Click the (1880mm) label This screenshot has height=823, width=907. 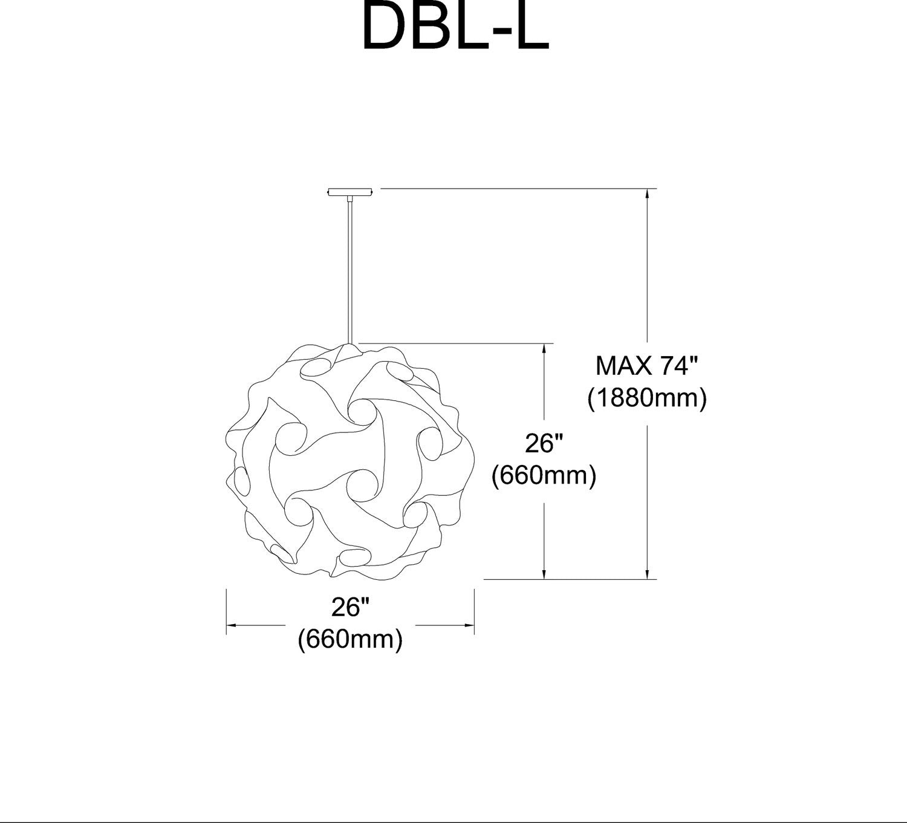coord(647,399)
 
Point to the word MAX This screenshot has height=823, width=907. coord(623,366)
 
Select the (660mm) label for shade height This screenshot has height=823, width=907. coord(544,476)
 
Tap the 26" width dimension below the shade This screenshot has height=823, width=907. coord(351,607)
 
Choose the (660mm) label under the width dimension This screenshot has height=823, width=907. coord(351,639)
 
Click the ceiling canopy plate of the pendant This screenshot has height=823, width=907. coord(351,192)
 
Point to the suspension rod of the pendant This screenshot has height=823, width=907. coord(349,272)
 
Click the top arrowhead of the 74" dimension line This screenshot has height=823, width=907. coord(648,194)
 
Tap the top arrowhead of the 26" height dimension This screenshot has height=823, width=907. coord(544,349)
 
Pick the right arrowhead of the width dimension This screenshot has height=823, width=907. coord(469,625)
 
